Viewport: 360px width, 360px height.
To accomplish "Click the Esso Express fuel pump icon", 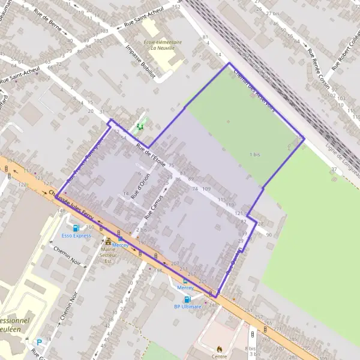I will (x=76, y=228).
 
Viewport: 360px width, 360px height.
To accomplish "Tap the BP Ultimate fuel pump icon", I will (x=187, y=299).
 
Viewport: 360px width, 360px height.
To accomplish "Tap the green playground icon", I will (x=140, y=127).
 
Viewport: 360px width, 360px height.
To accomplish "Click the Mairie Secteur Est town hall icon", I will (x=109, y=241).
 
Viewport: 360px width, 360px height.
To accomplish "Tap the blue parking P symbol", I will (x=39, y=342).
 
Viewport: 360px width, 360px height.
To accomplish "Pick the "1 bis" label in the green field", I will (x=255, y=154).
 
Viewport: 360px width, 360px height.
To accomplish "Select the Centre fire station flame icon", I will (x=220, y=347).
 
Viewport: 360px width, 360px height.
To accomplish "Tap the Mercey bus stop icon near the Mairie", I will (x=120, y=238).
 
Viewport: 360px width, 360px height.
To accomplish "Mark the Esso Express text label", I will (x=76, y=236).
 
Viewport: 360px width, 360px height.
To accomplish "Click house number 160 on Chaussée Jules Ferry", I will (x=91, y=227).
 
